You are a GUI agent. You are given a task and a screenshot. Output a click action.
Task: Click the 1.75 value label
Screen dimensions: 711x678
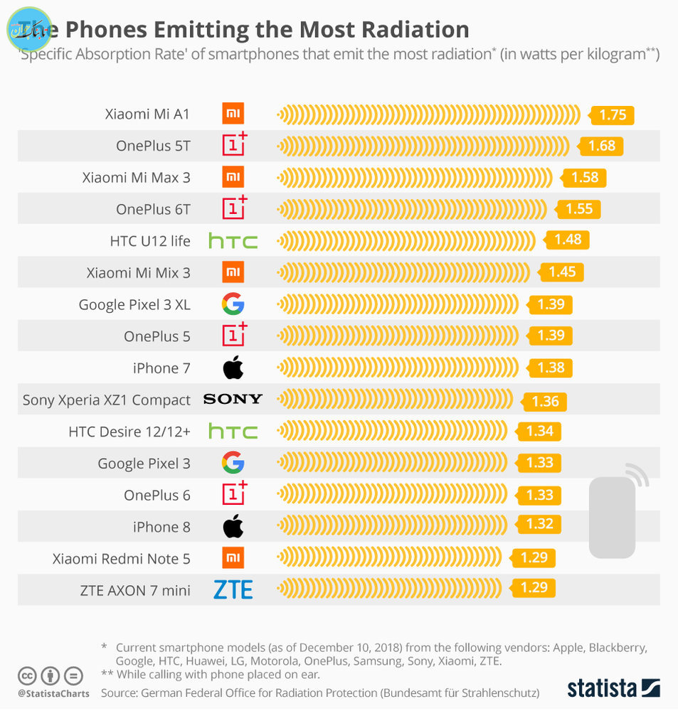[611, 115]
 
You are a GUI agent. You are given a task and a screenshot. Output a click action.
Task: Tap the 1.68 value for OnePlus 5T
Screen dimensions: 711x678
[601, 146]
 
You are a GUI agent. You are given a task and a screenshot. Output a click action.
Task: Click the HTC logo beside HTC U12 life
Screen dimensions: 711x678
[233, 241]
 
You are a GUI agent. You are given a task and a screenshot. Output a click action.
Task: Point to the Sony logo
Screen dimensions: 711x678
[233, 399]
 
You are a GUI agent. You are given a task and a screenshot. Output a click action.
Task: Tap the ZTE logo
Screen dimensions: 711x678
[233, 589]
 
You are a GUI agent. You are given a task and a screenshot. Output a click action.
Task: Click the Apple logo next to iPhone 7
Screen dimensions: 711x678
[233, 368]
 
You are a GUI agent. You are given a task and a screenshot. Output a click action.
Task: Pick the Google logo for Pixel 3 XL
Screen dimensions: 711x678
[233, 304]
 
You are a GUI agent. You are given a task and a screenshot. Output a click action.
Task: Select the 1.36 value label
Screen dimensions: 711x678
[545, 401]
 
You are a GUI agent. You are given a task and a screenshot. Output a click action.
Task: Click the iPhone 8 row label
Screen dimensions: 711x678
[161, 527]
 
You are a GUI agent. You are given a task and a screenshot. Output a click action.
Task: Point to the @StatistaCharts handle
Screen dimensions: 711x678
[54, 693]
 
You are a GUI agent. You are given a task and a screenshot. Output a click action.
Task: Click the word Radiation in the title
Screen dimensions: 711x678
[408, 30]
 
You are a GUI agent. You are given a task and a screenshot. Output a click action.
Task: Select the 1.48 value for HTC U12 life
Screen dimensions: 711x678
[567, 240]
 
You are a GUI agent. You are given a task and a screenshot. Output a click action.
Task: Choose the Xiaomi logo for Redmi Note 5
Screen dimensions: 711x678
[233, 558]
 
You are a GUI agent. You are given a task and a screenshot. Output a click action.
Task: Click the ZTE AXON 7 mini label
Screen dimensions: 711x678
[135, 590]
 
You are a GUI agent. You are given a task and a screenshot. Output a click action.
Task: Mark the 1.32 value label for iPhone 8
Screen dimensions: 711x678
[539, 525]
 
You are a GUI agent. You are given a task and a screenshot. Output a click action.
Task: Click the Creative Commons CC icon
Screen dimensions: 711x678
[27, 675]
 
